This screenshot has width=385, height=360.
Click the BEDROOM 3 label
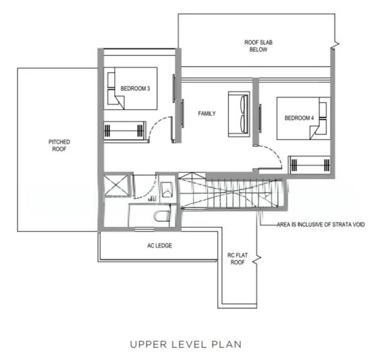pos(135,89)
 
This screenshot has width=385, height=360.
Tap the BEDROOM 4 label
pos(299,118)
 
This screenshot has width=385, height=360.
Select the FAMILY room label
pos(207,113)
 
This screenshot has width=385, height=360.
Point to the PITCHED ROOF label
pos(59,145)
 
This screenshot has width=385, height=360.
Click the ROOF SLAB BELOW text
pos(258,46)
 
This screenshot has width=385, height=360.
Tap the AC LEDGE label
pos(160,245)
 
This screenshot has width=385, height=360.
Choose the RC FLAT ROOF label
pos(237,259)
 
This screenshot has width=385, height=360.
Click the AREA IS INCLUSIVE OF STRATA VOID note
pos(321,224)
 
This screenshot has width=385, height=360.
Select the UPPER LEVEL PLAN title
pos(186,344)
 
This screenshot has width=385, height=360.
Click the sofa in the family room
pos(239,114)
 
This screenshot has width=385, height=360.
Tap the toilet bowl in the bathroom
pos(162,216)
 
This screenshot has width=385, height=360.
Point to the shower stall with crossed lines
pos(117,185)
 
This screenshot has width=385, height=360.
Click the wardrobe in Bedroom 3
pos(125,131)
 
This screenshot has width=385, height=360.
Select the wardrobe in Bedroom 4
pos(309,165)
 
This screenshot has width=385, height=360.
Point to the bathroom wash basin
pos(167,190)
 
